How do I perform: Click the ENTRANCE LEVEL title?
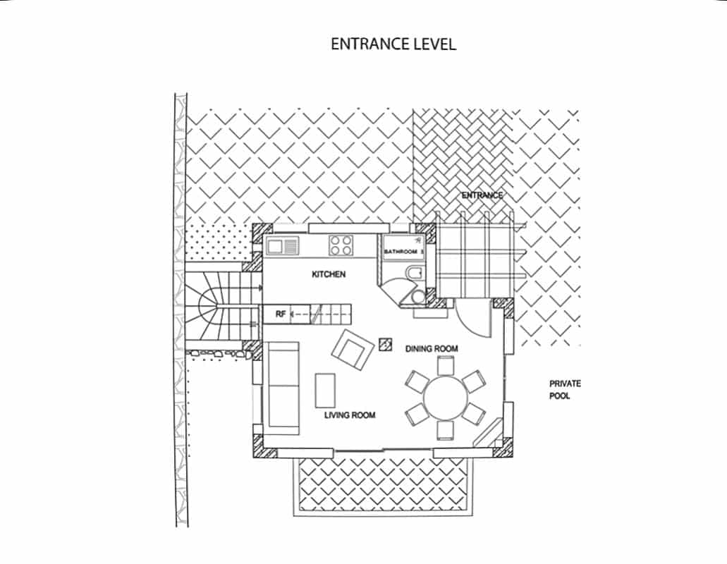tap(393, 44)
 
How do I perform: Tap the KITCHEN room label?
tap(329, 274)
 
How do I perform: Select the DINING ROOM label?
tap(432, 348)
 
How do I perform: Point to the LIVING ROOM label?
tap(350, 415)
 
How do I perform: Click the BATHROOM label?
tap(401, 252)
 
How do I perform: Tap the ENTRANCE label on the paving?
tap(482, 195)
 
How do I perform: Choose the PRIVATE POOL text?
tap(565, 390)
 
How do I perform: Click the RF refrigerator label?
tap(281, 314)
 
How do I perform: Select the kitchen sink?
tap(281, 245)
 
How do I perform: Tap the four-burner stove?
tap(341, 245)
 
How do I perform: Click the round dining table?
tap(446, 398)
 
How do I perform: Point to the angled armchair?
tap(353, 350)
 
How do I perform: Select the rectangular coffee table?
tap(325, 390)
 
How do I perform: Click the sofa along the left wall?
tap(281, 388)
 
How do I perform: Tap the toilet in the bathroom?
tap(414, 273)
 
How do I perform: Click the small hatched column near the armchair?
tap(385, 344)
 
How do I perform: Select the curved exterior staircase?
tap(223, 306)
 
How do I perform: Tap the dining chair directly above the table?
tap(446, 365)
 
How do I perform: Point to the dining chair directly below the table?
tap(445, 431)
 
